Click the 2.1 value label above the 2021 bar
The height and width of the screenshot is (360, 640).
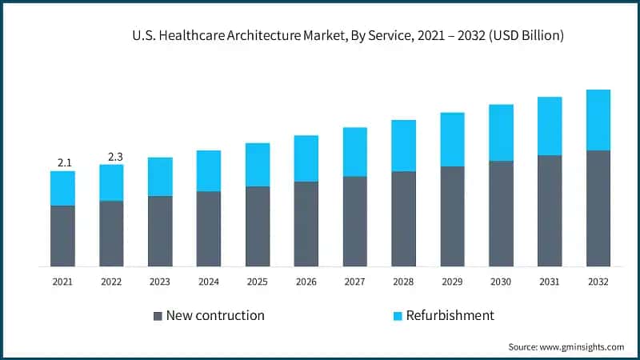(x=64, y=163)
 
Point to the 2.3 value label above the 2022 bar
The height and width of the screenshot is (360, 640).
(x=112, y=157)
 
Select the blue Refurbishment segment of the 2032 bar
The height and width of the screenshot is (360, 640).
(x=598, y=120)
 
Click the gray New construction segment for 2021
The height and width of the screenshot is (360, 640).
(x=62, y=236)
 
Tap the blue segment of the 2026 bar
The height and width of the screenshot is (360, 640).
(x=306, y=158)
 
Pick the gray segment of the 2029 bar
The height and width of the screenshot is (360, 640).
(x=452, y=216)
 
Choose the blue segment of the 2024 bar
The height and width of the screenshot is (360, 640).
(x=209, y=170)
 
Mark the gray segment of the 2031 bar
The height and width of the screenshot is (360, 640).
(x=550, y=210)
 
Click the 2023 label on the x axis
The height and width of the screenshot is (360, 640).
(x=160, y=282)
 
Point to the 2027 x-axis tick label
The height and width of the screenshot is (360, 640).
(x=354, y=282)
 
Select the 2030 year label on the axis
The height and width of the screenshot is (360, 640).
(x=501, y=282)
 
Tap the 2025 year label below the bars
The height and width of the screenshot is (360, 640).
(x=258, y=282)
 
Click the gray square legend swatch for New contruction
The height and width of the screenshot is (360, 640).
(x=158, y=316)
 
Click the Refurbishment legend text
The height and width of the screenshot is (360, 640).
(x=450, y=315)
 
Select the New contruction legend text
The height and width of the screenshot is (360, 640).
(x=215, y=315)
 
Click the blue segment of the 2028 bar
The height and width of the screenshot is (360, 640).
(x=403, y=146)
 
